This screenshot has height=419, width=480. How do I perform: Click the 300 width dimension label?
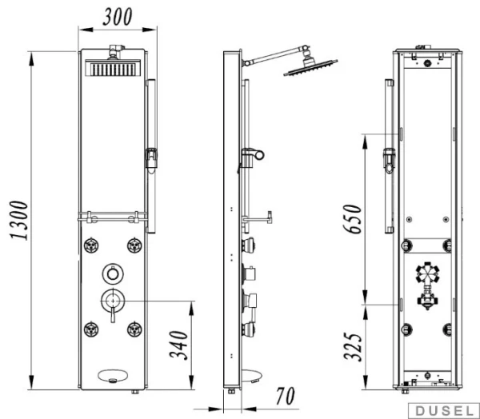pos(118,17)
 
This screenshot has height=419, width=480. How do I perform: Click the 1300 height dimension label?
pos(19,221)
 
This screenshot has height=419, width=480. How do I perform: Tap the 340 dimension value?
pos(178,345)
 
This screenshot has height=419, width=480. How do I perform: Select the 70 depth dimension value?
pos(286,397)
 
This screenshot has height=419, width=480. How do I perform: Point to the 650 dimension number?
pos(352,219)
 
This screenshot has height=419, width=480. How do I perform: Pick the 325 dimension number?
pos(353,347)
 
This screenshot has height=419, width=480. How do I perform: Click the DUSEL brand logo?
pos(444,411)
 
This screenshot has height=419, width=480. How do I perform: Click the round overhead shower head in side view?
pos(310,66)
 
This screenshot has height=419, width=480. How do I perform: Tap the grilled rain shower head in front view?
pos(113,68)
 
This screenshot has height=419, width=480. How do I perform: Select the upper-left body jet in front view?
pos(91,245)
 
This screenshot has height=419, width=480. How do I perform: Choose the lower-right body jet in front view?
pos(134,329)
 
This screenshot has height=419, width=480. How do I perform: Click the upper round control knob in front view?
pos(113,274)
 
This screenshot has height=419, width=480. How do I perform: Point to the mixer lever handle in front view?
pos(113,314)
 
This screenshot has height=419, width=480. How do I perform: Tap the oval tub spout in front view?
pos(113,376)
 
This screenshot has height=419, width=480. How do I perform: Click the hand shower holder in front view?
pos(151,159)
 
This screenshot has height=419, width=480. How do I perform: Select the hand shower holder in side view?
pos(252,158)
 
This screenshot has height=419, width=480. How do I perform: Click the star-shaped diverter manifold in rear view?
pos(427,273)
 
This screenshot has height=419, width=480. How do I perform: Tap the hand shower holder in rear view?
pos(389,160)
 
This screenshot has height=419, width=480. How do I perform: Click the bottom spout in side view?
pos(252,377)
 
